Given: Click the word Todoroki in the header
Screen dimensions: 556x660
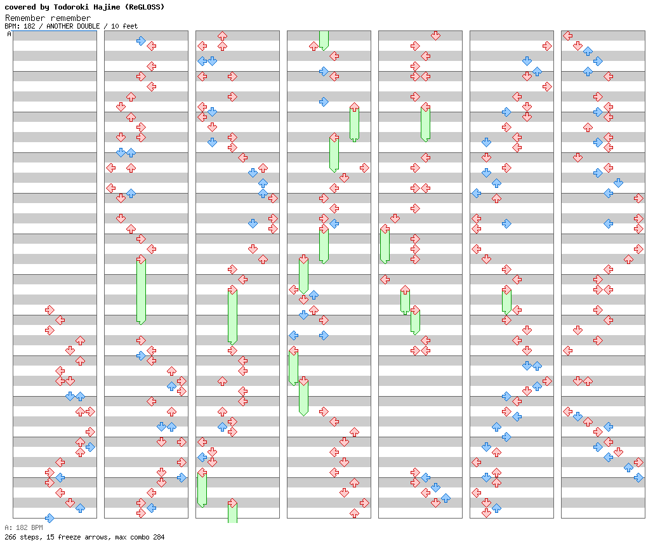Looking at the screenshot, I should (79, 7).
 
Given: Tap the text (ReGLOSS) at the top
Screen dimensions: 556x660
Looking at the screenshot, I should (144, 7).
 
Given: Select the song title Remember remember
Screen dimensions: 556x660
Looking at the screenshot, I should (48, 18).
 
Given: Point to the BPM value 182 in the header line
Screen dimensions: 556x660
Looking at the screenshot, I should (30, 26).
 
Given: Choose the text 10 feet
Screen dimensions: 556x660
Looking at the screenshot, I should (125, 26).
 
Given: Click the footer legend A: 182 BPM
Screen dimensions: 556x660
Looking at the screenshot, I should (23, 527).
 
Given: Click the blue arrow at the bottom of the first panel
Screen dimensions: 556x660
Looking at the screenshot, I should (49, 518).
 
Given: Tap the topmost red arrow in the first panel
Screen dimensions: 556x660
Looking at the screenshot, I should (49, 310).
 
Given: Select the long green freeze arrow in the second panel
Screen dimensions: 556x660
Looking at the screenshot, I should (141, 289).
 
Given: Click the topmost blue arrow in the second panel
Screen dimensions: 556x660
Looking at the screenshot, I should (141, 41).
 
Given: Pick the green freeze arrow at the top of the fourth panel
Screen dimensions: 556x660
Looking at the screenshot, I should (324, 39).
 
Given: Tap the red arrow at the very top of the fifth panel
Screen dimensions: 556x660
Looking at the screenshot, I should (435, 36).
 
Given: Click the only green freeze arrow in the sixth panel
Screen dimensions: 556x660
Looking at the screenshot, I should (506, 300).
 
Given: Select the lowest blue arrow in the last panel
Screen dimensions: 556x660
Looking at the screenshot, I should (638, 477).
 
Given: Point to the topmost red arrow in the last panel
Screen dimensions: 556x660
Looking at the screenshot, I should (567, 36).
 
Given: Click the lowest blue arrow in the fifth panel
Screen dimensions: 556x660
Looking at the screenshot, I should (445, 498).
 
